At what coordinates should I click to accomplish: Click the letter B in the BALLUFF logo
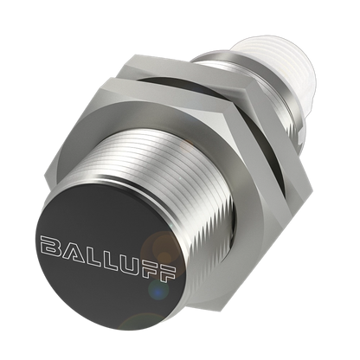point(52,247)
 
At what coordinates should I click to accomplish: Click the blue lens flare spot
point(157,292)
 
